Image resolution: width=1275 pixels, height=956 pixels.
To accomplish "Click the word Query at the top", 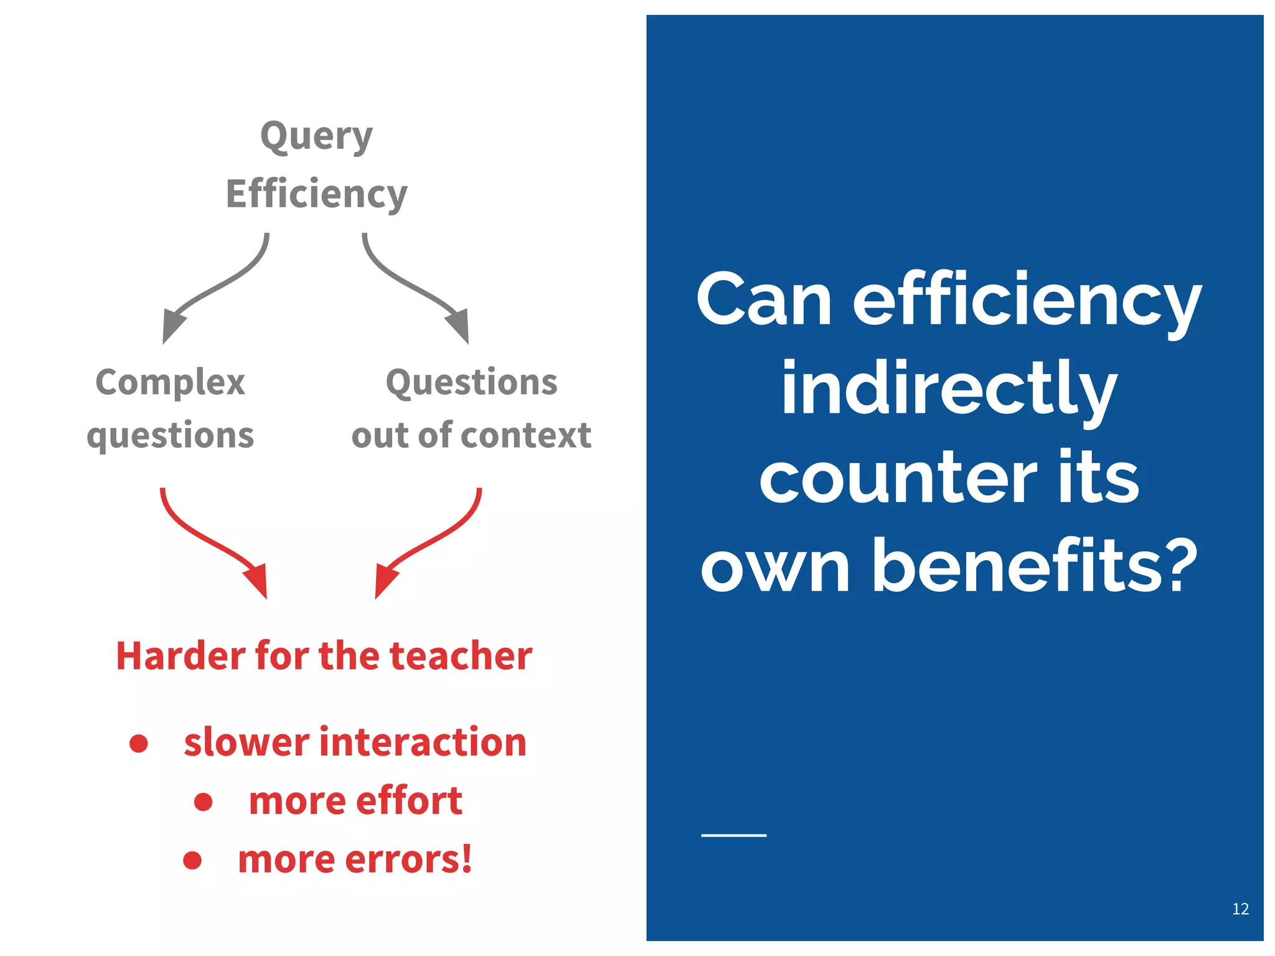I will coord(316,137).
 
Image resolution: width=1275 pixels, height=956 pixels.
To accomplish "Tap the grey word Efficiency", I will coord(316,194).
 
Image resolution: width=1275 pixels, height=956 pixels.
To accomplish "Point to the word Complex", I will coord(170,382).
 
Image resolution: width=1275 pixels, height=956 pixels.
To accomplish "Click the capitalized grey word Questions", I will coord(471,382).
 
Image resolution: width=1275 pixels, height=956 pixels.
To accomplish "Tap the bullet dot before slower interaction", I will coord(139,743).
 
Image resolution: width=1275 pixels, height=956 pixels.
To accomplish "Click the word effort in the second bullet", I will coord(409,800).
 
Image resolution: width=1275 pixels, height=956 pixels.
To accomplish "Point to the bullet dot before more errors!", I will coord(192,860).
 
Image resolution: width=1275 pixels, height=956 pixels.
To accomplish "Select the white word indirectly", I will coord(949,389).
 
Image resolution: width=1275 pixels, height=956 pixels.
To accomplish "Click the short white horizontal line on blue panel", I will coord(733,835).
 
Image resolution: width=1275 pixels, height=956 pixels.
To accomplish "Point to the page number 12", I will coord(1240,909).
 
